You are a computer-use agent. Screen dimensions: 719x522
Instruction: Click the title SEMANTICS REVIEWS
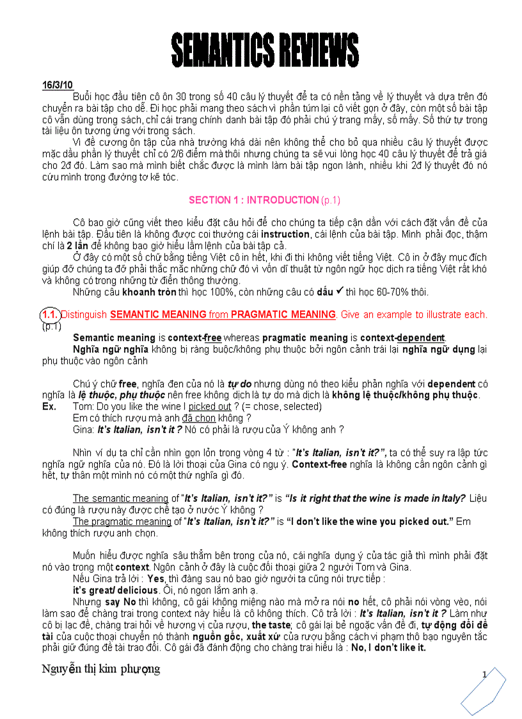point(264,51)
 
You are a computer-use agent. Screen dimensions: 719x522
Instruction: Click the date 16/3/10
point(58,85)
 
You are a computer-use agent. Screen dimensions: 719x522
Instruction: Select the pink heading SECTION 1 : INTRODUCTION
point(254,200)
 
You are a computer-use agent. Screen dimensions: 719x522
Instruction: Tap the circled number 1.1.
point(51,315)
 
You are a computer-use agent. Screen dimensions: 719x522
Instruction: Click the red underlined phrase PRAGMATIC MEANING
point(283,315)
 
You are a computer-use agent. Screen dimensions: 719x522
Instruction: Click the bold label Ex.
point(49,407)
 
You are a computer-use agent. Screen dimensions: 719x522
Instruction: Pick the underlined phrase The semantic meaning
point(120,499)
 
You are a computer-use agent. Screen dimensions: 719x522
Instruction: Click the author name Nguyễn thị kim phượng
point(101,670)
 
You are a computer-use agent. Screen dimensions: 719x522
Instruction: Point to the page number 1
point(485,674)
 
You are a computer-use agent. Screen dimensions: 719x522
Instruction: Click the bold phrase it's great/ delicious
point(113,590)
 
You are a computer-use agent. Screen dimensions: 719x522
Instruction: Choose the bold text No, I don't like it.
point(388,648)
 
